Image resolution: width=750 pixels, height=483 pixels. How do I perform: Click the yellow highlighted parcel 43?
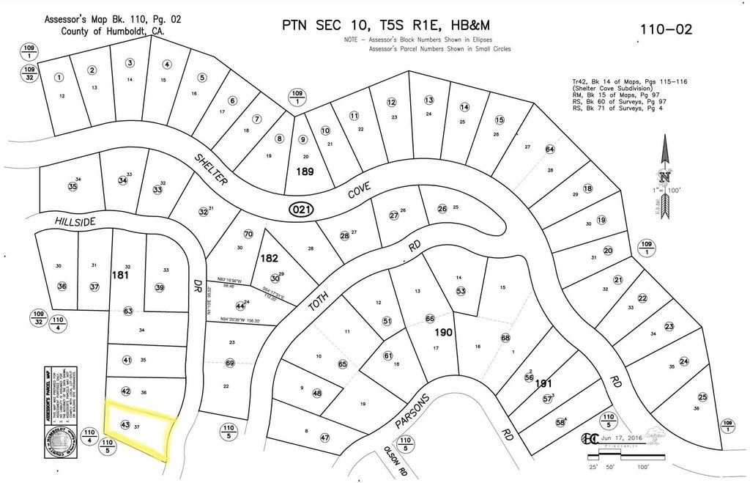[139, 429]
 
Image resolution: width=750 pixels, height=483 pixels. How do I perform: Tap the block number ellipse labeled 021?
[302, 209]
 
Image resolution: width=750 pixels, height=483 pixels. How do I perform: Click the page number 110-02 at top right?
[666, 30]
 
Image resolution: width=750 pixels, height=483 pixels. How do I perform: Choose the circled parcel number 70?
[248, 235]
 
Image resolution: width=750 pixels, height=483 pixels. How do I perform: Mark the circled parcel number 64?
[550, 150]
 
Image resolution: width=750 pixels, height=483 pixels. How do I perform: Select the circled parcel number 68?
[505, 338]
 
